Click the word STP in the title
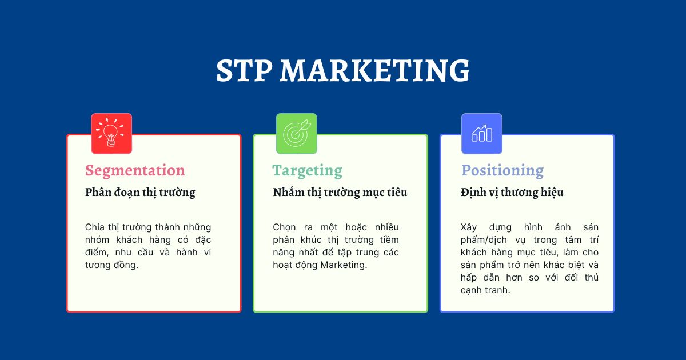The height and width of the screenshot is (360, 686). (x=244, y=71)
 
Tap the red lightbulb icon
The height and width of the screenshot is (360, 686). (x=111, y=134)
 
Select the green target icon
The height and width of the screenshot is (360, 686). (x=296, y=134)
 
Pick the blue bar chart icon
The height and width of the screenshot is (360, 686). (x=481, y=134)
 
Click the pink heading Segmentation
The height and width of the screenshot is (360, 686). (x=135, y=170)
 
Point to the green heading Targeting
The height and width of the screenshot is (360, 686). (x=307, y=170)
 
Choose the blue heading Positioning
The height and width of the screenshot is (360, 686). (x=502, y=170)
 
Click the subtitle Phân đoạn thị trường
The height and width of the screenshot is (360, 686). (x=140, y=193)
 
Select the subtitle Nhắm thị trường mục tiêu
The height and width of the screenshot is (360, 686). (x=340, y=193)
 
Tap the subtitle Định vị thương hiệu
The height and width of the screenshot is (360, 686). (x=512, y=193)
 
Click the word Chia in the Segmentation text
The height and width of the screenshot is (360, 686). (x=94, y=227)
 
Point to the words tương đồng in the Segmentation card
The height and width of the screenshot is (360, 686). (x=111, y=265)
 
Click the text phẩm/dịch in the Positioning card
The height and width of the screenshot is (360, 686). (x=486, y=240)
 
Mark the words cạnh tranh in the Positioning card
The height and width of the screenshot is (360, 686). (x=485, y=290)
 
